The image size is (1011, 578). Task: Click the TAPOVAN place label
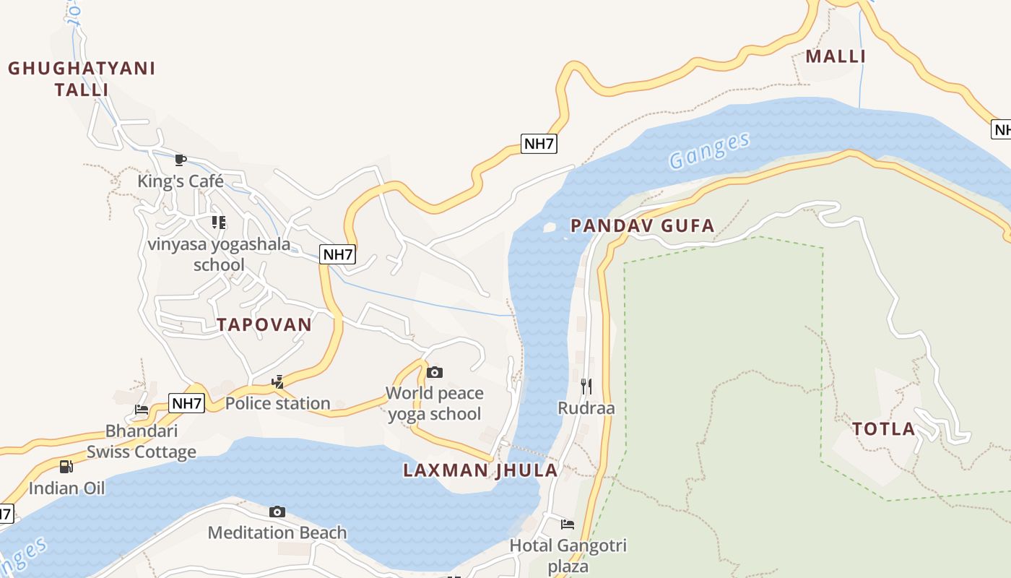click(x=264, y=324)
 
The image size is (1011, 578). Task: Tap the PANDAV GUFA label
click(x=642, y=226)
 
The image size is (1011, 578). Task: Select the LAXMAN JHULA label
click(x=480, y=470)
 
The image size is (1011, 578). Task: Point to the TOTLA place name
click(x=883, y=429)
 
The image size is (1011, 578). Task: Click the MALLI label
click(x=836, y=56)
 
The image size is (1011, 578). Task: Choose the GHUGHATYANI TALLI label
click(x=82, y=79)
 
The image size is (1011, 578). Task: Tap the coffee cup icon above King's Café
click(x=181, y=160)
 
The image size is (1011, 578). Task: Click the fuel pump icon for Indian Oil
click(x=66, y=467)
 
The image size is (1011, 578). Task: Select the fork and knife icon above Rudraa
click(x=586, y=387)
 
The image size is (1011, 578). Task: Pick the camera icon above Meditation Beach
click(x=277, y=512)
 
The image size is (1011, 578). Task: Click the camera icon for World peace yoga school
click(x=434, y=372)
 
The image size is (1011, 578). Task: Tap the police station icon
click(x=277, y=381)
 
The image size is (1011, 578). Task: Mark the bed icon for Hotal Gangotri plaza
click(x=568, y=524)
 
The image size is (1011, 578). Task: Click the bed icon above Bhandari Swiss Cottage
click(x=142, y=410)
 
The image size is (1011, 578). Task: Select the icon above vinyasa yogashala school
click(x=218, y=223)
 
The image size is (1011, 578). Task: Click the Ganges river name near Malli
click(x=709, y=150)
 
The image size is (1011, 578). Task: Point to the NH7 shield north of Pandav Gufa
click(x=539, y=143)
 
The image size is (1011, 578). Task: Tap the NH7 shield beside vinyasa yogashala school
click(x=338, y=254)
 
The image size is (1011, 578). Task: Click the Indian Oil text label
click(x=66, y=488)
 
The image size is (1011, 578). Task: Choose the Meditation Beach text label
click(x=277, y=533)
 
